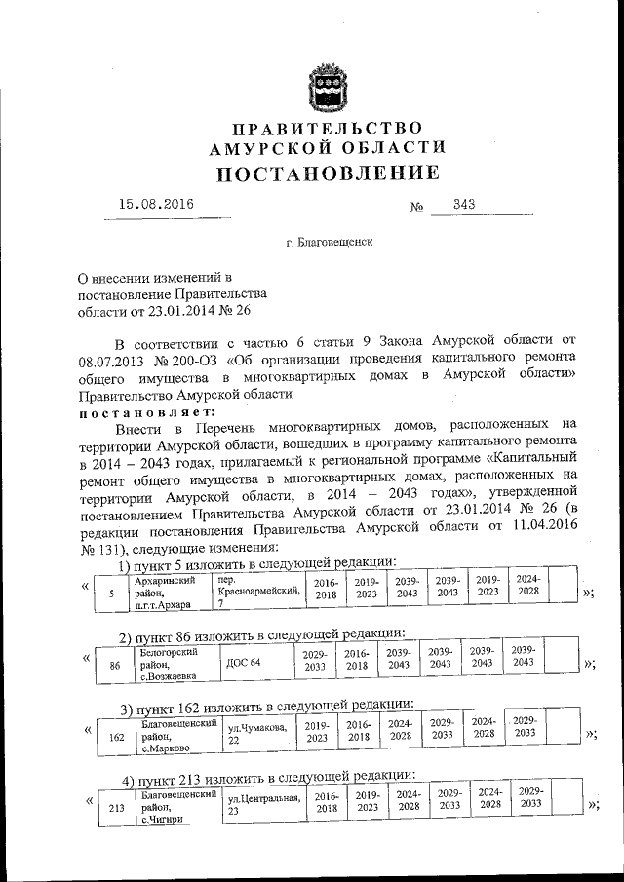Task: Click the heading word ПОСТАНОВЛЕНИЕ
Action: [328, 173]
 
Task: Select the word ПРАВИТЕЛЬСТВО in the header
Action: [328, 129]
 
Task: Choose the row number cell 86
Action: [115, 666]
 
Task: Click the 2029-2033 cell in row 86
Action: [315, 663]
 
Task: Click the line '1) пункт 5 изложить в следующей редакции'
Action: [256, 562]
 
